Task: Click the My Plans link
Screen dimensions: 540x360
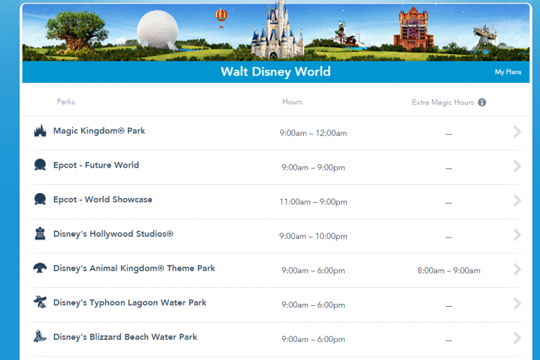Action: tap(508, 72)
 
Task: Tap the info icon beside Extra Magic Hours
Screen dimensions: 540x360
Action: tap(482, 102)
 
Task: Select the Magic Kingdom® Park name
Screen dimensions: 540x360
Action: tap(99, 131)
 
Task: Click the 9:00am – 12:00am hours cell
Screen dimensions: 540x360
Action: tap(313, 133)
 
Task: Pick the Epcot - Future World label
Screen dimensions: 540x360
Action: tap(96, 166)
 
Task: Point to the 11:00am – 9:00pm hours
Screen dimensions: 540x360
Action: tap(313, 202)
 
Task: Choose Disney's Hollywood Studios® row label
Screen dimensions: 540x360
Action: tap(113, 234)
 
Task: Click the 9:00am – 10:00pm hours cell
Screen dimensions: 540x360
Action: tap(313, 236)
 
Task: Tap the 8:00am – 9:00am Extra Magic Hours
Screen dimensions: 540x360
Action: tap(449, 271)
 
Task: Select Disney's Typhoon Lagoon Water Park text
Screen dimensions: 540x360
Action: tap(130, 303)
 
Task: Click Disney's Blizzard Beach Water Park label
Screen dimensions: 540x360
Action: tap(125, 337)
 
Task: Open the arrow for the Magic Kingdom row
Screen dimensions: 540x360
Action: tap(517, 132)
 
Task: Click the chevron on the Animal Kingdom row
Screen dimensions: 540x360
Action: tap(517, 269)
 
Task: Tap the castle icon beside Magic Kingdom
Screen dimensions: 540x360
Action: tap(40, 130)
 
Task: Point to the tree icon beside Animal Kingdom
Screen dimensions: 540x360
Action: tap(40, 268)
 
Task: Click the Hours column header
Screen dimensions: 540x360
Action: tap(292, 102)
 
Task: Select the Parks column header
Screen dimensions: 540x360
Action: tap(66, 102)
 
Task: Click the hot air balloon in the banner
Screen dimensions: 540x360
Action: tap(221, 17)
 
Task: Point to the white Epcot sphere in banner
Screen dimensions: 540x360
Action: tap(158, 30)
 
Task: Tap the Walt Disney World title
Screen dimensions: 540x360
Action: tap(276, 72)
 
